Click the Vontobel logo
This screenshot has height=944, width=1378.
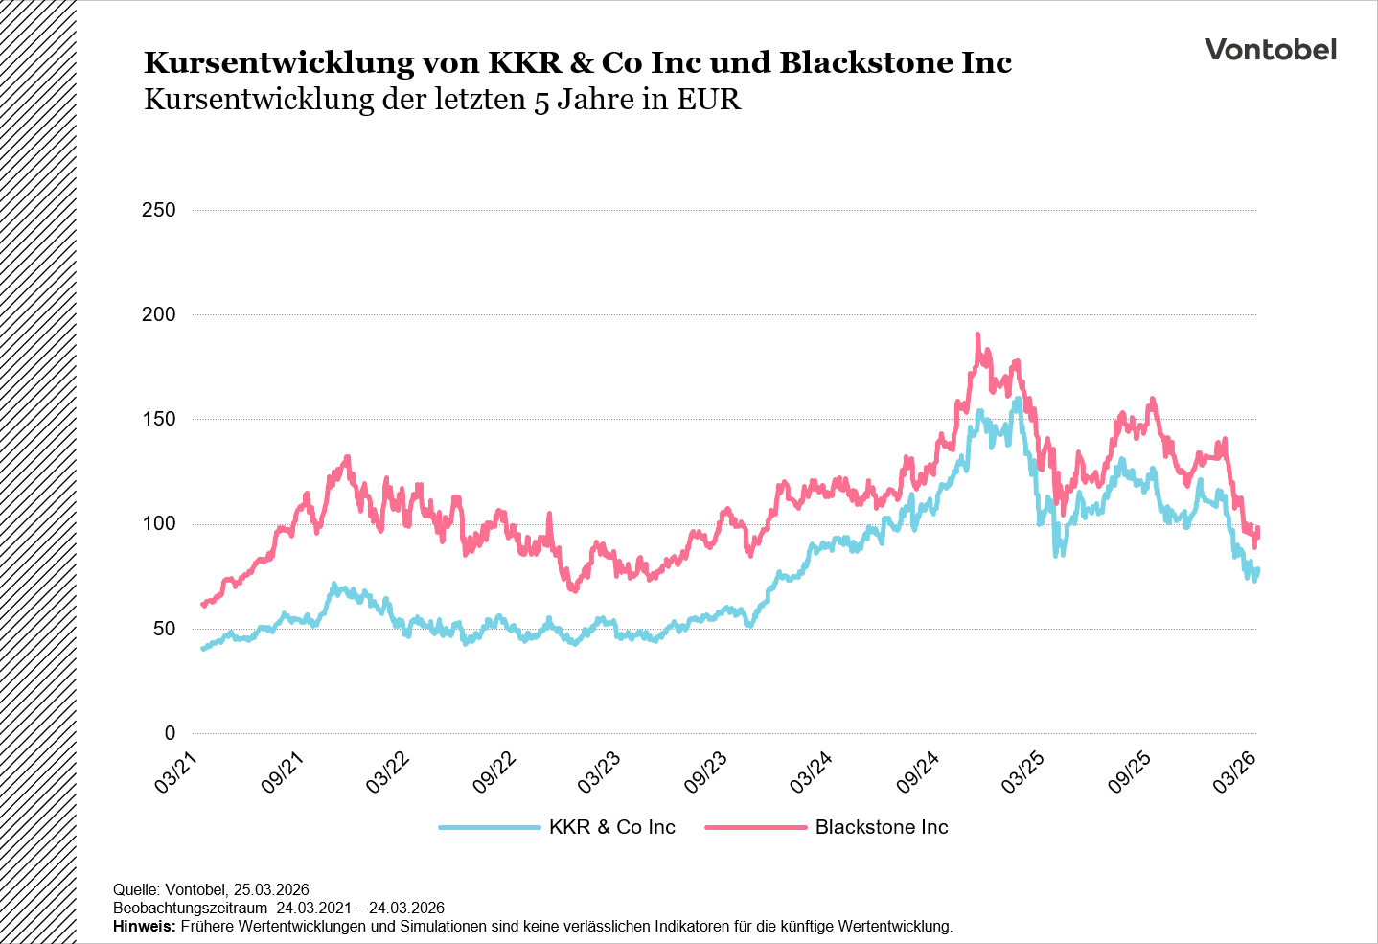point(1270,50)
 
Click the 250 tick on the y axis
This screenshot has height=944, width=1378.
point(158,210)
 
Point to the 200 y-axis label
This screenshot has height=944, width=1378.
point(158,314)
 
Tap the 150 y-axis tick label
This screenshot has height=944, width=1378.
point(158,419)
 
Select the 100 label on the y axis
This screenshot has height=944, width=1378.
point(158,524)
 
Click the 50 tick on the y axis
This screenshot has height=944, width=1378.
point(164,629)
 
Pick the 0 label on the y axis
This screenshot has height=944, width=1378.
point(170,733)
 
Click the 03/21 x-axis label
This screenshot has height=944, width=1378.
point(177,771)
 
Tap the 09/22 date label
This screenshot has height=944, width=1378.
point(494,771)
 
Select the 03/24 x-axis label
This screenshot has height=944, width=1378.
point(812,771)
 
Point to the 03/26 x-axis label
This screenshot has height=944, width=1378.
point(1235,771)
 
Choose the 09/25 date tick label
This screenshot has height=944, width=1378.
point(1129,771)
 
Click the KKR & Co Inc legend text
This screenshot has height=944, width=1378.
point(611,827)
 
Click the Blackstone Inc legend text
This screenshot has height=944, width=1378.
point(882,827)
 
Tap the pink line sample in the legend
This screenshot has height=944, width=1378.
point(755,827)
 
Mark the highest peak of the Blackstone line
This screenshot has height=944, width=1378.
point(977,335)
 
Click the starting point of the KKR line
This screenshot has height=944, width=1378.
point(202,649)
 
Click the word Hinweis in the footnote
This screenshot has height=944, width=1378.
point(144,927)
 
